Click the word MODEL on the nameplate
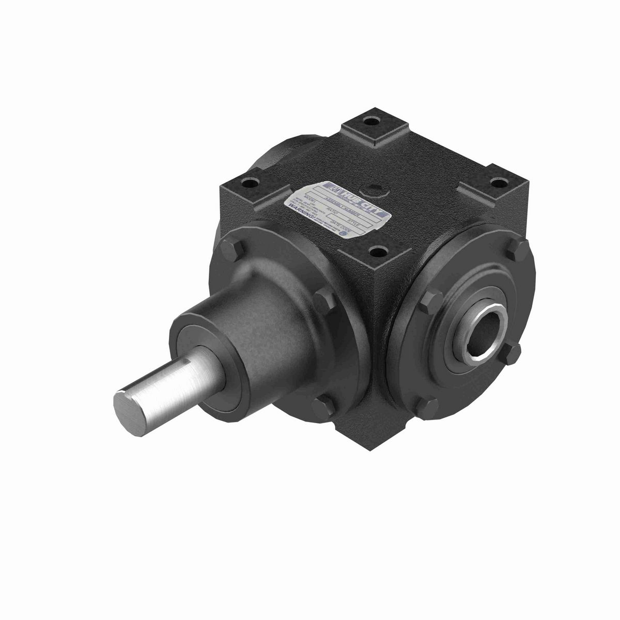pos(310,198)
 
